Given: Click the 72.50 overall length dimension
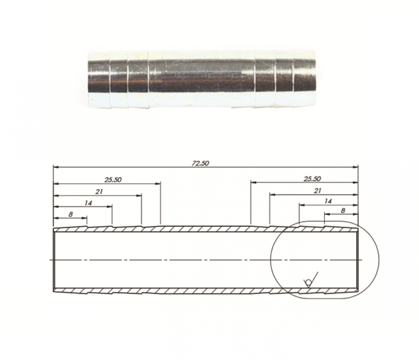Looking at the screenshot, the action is [x=200, y=163].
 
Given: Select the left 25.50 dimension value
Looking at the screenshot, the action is [x=113, y=180].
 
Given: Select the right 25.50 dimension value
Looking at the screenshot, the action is [x=312, y=179].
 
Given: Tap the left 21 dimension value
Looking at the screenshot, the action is [x=99, y=191].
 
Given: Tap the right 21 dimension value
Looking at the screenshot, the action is [x=318, y=190].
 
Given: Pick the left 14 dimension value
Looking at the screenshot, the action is [x=88, y=203].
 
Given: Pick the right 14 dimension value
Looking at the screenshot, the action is [x=328, y=201].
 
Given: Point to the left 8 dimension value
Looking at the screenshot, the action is [x=71, y=214].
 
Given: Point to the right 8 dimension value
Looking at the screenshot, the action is [x=343, y=211].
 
